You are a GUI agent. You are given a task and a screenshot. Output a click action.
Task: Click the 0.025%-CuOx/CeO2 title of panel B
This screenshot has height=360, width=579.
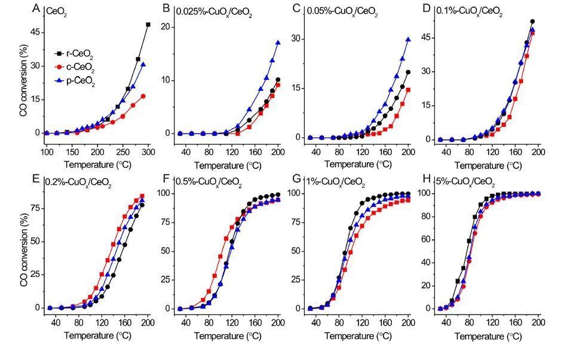214,11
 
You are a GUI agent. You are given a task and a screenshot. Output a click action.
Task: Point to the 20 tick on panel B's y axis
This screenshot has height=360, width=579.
168,27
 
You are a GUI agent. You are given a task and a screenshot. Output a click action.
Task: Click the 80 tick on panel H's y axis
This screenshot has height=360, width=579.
428,216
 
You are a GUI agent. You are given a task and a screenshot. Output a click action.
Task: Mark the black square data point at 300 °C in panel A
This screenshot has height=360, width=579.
148,25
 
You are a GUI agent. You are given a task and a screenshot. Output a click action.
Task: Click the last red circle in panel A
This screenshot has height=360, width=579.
143,96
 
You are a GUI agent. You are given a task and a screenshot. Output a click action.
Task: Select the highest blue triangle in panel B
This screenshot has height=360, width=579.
278,42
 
